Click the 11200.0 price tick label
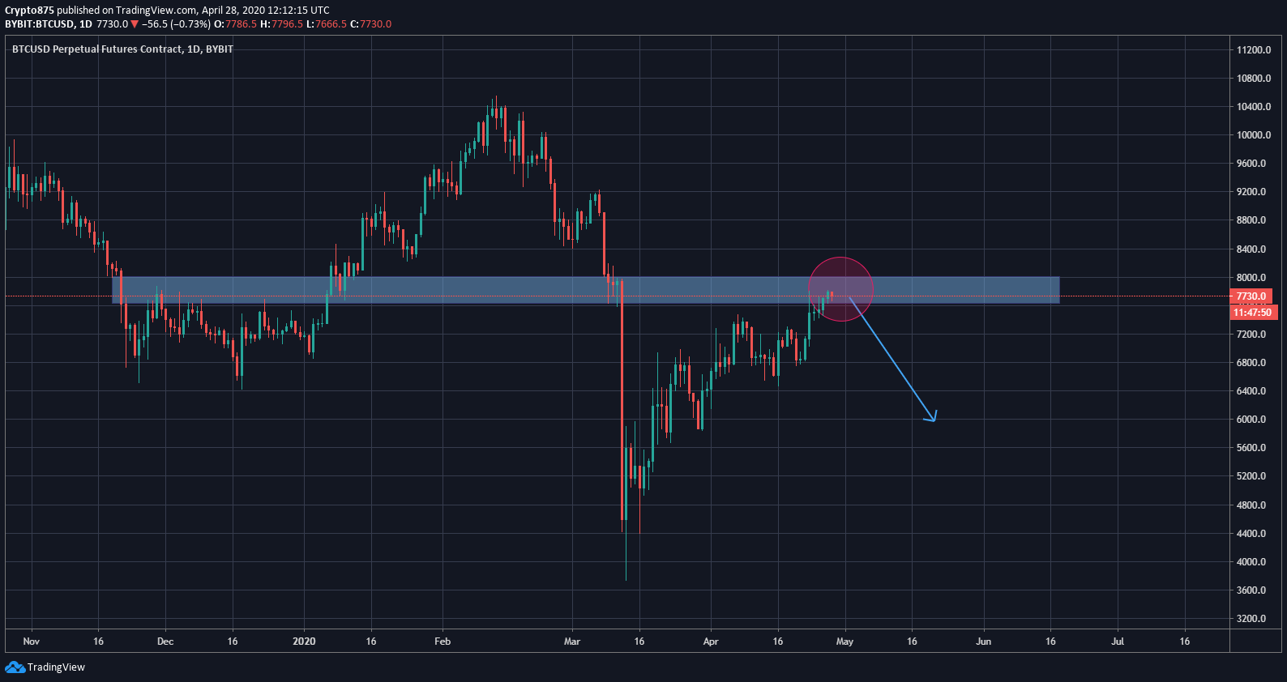coord(1253,50)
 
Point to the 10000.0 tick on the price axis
coord(1253,135)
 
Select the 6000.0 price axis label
coord(1251,420)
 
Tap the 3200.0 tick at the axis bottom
coord(1251,619)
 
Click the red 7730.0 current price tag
coord(1251,296)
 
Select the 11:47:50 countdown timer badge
coord(1253,313)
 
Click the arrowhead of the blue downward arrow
coord(934,419)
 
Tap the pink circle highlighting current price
coord(841,288)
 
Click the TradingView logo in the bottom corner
coord(45,667)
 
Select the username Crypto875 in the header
coord(29,11)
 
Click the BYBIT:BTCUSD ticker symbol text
coord(40,24)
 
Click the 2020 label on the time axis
coord(304,642)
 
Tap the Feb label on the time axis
coord(443,642)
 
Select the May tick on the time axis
coord(844,642)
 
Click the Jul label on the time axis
coord(1118,642)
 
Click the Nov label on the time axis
coord(32,642)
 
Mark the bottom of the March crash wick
coord(626,579)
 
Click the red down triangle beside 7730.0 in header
coord(135,24)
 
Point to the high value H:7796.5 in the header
coord(281,24)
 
